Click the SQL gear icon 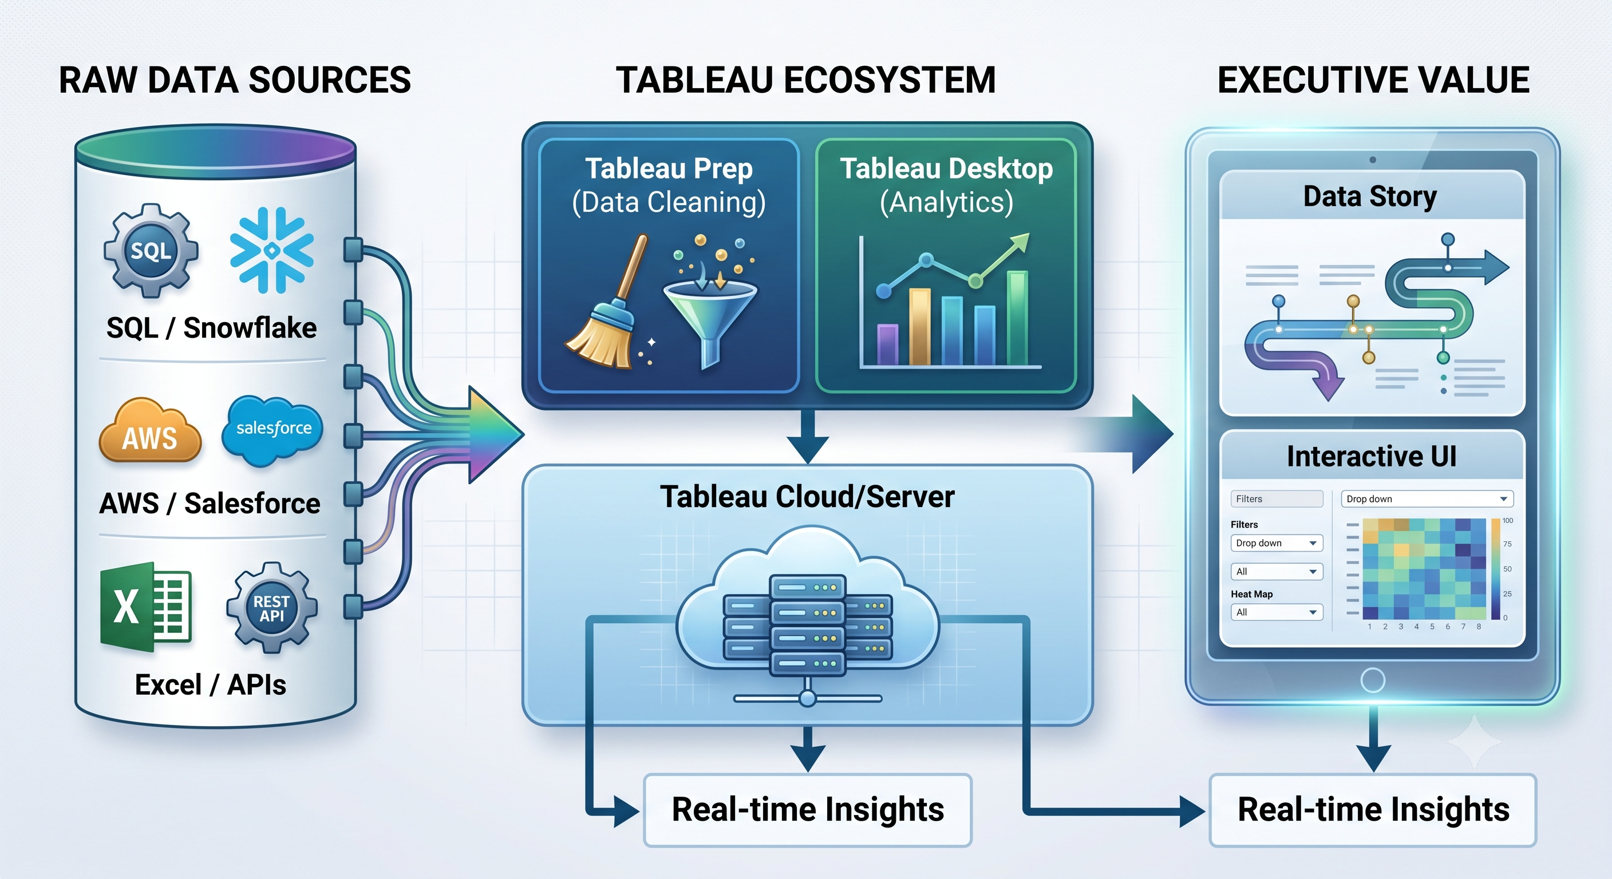point(151,250)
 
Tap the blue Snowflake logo point(271,250)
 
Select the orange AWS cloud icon point(150,430)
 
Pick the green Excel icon point(146,606)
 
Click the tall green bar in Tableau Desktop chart point(1017,318)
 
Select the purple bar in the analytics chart point(887,344)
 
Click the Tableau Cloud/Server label point(807,497)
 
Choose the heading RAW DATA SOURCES point(235,80)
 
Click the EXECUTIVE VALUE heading point(1373,80)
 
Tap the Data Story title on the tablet point(1370,196)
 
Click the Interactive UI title point(1372,456)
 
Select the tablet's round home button point(1372,680)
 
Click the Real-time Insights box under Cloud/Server point(807,810)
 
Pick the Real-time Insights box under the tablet point(1373,810)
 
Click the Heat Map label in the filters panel point(1251,593)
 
